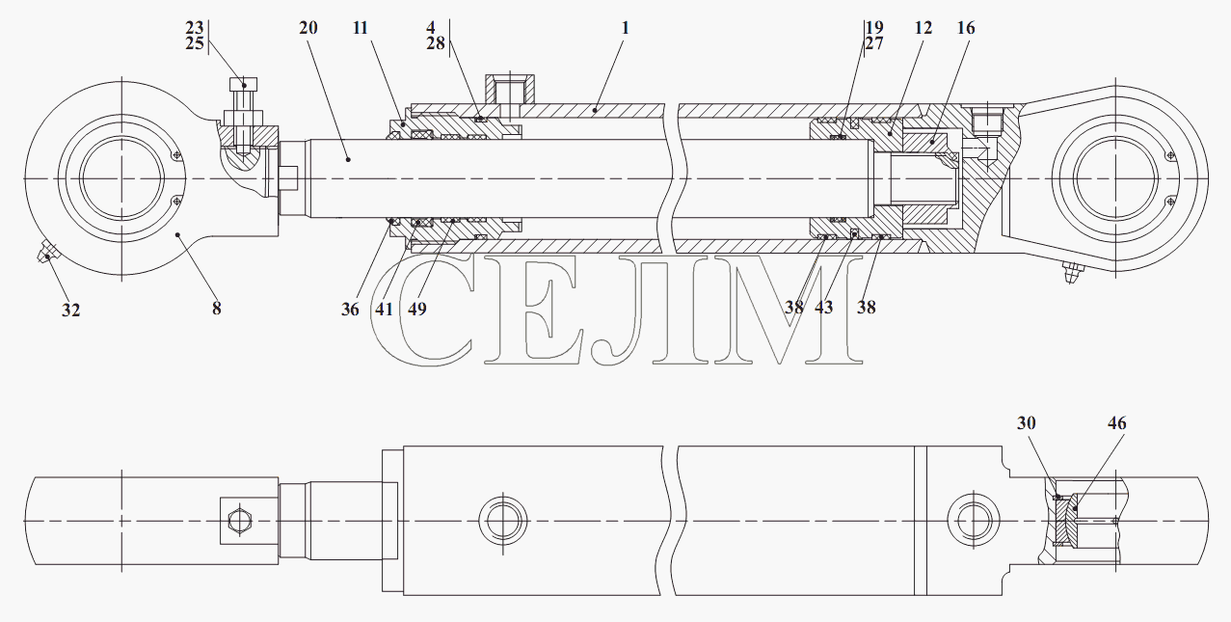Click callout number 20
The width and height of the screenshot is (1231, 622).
tap(308, 28)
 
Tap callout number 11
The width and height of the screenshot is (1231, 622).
tap(360, 28)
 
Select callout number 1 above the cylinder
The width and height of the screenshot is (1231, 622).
tap(625, 28)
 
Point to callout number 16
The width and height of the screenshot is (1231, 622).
tap(966, 28)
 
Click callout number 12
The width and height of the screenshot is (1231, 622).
tap(923, 28)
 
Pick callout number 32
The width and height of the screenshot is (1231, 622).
tap(71, 311)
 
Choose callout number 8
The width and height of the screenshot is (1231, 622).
tap(217, 309)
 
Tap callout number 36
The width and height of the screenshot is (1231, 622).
tap(350, 310)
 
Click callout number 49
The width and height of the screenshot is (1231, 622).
tap(417, 310)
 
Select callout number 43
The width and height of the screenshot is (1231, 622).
tap(824, 308)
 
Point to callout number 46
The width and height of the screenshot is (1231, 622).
tap(1116, 423)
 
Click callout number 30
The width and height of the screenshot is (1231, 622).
tap(1026, 423)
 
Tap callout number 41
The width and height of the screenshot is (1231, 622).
tap(384, 310)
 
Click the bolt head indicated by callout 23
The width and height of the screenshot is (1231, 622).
tap(244, 85)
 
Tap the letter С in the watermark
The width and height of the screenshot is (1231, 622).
tap(424, 310)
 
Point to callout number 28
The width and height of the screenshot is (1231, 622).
tap(436, 42)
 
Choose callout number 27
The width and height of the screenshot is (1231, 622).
tap(874, 42)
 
